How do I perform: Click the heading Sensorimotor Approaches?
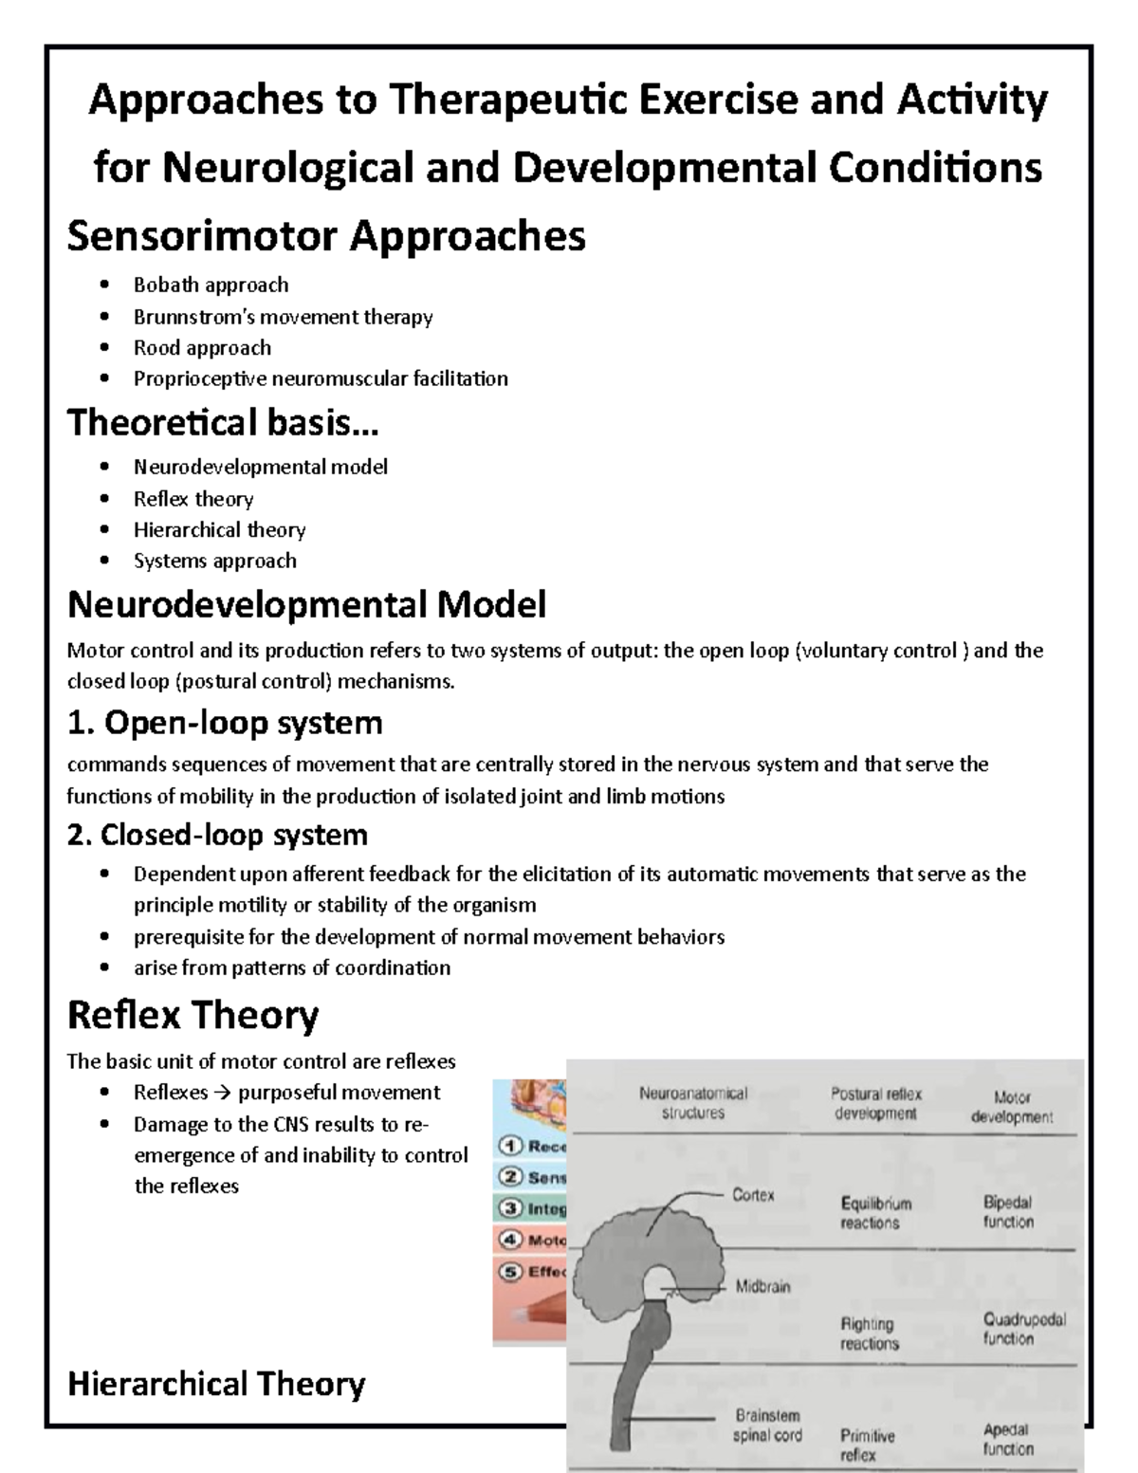point(326,236)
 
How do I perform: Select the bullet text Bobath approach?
point(211,285)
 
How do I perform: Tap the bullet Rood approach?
point(202,347)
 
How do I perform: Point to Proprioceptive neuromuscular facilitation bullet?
point(321,378)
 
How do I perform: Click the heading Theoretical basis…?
point(223,422)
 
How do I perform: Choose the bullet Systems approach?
point(214,561)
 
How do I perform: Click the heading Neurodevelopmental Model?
point(306,604)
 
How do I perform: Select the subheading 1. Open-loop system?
point(225,723)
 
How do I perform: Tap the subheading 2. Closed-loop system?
point(217,835)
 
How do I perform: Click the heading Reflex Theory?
point(193,1015)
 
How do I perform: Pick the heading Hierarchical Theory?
point(216,1384)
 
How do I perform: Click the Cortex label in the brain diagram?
point(753,1195)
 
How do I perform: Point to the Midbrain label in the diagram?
point(762,1287)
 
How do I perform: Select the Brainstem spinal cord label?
point(767,1426)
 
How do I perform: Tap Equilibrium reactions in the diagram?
point(875,1213)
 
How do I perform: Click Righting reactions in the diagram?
point(869,1334)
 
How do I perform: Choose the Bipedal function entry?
point(1008,1212)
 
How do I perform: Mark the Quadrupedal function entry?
point(1024,1328)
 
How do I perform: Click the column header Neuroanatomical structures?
point(693,1103)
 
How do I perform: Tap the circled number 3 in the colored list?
point(511,1208)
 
